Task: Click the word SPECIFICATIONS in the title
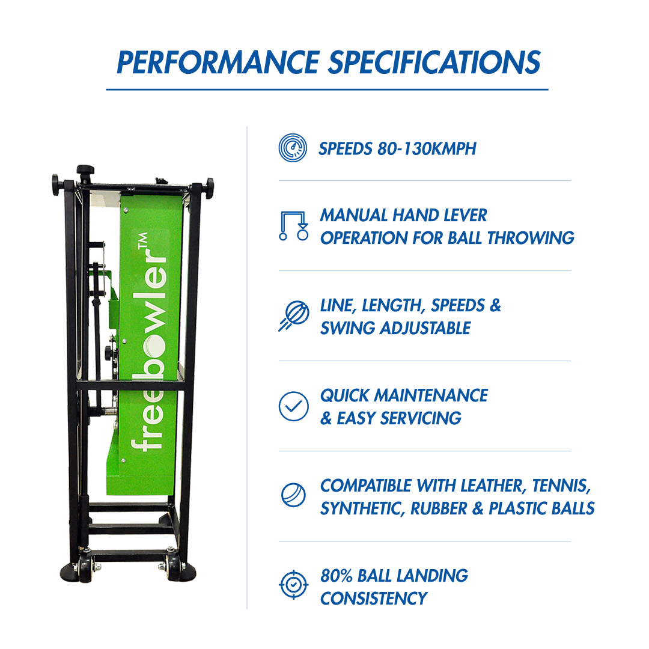(x=434, y=62)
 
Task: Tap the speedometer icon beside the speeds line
(x=293, y=148)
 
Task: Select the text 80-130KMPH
(x=427, y=148)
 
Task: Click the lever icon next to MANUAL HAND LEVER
(x=294, y=226)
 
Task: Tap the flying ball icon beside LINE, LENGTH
(x=293, y=316)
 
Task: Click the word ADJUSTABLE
(x=427, y=328)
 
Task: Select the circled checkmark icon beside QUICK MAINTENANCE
(x=293, y=406)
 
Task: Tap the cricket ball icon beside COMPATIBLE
(x=293, y=496)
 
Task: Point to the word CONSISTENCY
(x=374, y=599)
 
